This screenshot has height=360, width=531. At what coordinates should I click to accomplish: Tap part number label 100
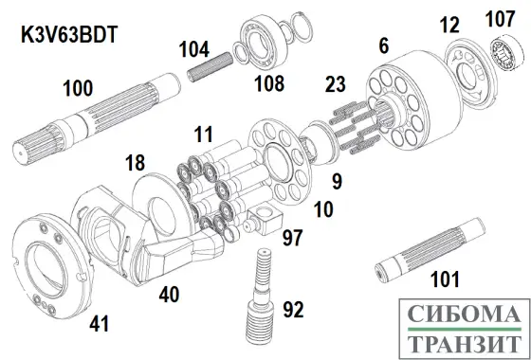(78, 89)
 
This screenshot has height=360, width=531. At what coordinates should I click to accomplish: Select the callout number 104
(195, 45)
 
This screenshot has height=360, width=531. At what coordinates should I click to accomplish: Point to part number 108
(268, 84)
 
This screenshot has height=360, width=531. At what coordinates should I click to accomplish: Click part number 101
(442, 279)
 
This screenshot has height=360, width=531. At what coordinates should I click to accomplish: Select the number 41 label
(99, 325)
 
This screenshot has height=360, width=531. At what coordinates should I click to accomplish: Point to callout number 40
(169, 295)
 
